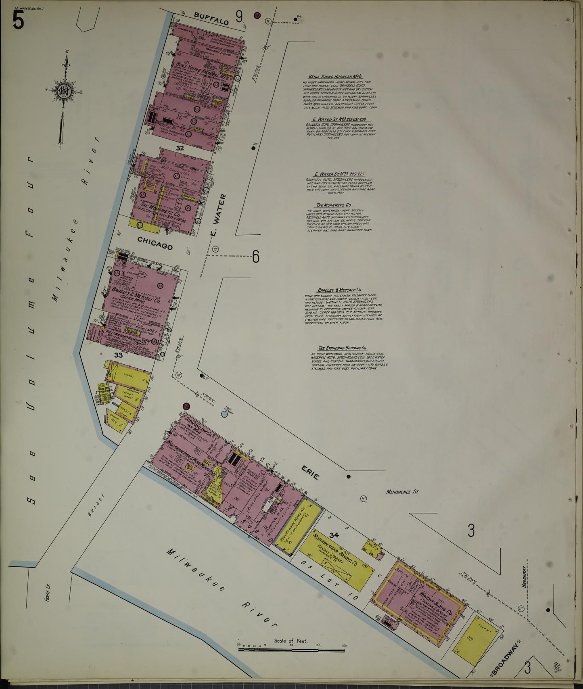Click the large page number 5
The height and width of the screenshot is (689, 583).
(18, 20)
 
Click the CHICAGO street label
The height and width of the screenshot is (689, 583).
(155, 243)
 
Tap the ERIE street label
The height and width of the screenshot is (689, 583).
(310, 472)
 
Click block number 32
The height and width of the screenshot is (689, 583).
(180, 148)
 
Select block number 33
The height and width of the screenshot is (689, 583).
(118, 355)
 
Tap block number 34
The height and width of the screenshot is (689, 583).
(334, 535)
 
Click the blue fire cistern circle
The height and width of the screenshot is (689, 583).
(225, 414)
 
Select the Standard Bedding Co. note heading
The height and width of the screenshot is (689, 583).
(342, 348)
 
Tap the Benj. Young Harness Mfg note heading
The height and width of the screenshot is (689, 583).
(335, 77)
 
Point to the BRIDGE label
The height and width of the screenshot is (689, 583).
(98, 505)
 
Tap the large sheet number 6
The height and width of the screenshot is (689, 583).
(256, 257)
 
